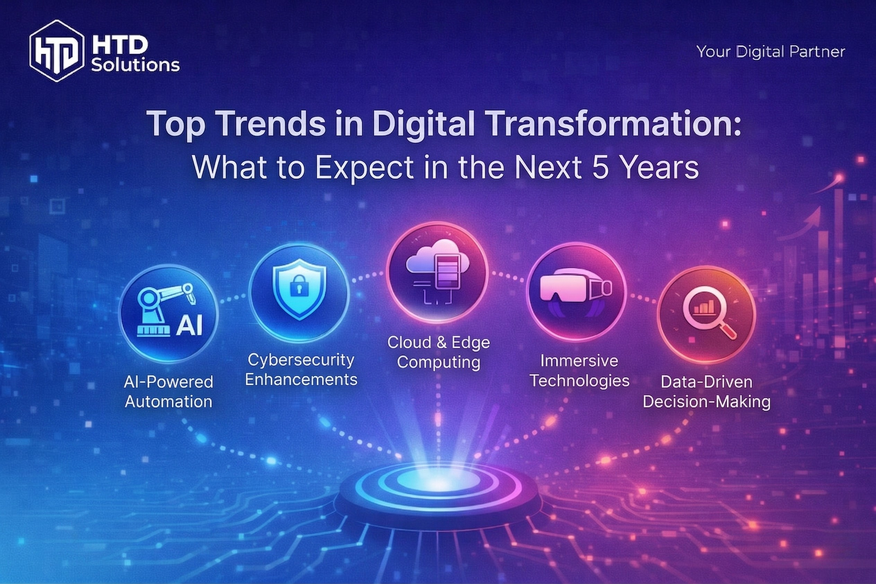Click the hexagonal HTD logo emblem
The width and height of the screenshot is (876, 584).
pyautogui.click(x=56, y=51)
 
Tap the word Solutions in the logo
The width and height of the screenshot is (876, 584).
pyautogui.click(x=135, y=65)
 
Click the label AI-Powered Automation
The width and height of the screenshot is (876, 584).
pyautogui.click(x=168, y=392)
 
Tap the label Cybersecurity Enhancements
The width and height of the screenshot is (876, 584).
pyautogui.click(x=301, y=370)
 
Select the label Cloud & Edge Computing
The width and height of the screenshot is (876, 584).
pyautogui.click(x=438, y=352)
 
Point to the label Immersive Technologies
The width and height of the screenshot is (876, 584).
pyautogui.click(x=579, y=371)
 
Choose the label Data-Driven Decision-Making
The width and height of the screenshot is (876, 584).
pyautogui.click(x=706, y=392)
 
